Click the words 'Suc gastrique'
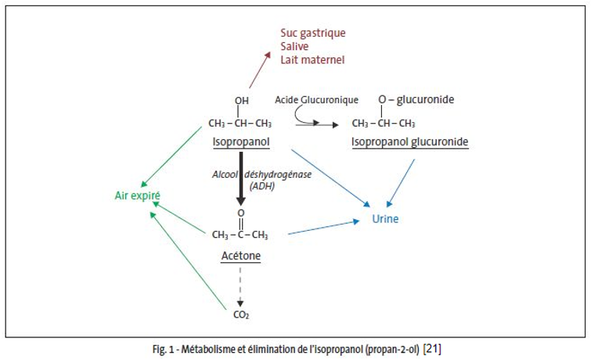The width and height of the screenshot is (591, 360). tap(312, 34)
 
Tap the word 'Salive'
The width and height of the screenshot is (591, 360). tap(295, 47)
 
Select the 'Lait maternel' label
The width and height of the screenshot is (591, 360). tap(312, 60)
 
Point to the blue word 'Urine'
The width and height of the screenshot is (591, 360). tap(385, 219)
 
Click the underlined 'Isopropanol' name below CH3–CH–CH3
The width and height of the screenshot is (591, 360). tap(240, 142)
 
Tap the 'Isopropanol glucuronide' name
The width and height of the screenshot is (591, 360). tap(409, 142)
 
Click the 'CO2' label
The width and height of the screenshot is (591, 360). tap(241, 315)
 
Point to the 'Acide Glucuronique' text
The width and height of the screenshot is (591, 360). tap(316, 100)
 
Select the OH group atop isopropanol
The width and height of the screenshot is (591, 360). tap(241, 101)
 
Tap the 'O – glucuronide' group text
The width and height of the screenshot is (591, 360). tap(416, 100)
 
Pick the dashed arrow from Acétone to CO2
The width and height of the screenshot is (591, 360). tap(240, 286)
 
